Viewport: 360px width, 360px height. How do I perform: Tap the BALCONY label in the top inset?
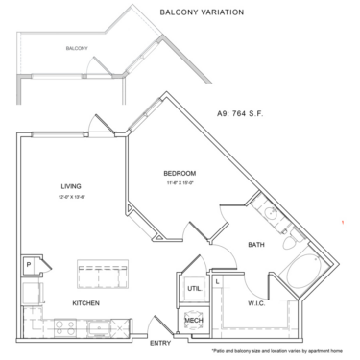point(77,48)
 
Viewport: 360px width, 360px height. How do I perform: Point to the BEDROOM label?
point(179,173)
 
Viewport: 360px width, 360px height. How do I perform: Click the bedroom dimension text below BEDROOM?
point(179,182)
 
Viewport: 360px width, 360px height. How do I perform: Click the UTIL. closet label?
point(193,287)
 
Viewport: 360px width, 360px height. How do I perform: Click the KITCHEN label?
point(87,303)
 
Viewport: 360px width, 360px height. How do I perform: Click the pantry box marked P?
point(29,262)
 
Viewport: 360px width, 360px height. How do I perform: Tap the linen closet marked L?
point(218,280)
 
